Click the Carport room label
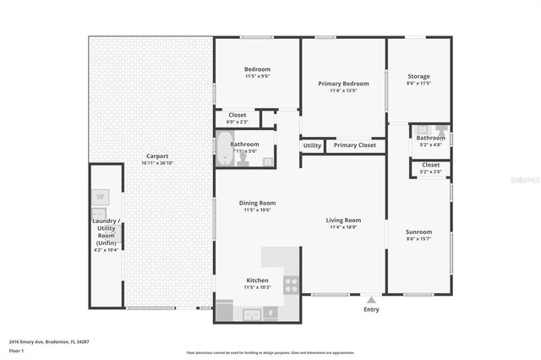point(157,156)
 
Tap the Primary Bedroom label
point(343,84)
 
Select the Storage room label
point(418,76)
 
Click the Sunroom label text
point(418,232)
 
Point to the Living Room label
point(344,220)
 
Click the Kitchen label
point(257,280)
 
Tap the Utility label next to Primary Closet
point(312,145)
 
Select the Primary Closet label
point(355,145)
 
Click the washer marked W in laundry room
point(100,198)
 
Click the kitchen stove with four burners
point(292,285)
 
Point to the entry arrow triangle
point(371,298)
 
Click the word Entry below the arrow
point(371,309)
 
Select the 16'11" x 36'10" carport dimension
point(157,163)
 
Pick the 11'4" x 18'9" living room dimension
point(344,226)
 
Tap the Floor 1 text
point(17,350)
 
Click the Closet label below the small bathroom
point(430,165)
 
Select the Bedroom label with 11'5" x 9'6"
point(257,69)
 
